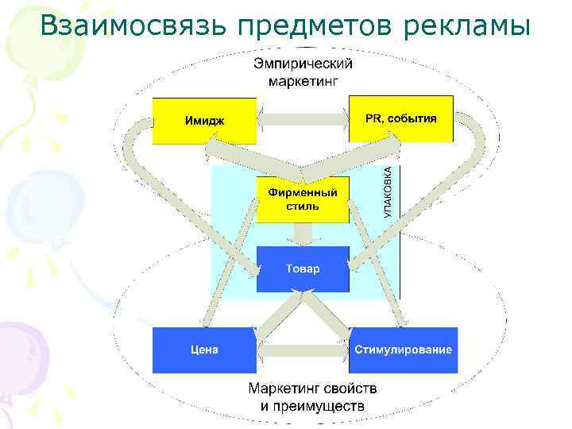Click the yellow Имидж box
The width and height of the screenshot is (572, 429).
tap(204, 120)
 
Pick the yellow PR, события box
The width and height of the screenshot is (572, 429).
tap(401, 119)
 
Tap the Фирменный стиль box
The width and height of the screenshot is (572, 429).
tap(303, 199)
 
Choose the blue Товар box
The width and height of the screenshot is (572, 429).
tap(303, 269)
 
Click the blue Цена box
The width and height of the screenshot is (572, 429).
tap(204, 350)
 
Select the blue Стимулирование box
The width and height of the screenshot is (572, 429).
tap(404, 350)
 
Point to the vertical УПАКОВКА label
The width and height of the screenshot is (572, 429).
tap(388, 191)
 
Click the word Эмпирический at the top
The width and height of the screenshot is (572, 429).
tap(303, 64)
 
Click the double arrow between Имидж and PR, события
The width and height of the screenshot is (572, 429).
tap(303, 121)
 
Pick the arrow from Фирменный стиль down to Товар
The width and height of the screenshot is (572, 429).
tap(303, 234)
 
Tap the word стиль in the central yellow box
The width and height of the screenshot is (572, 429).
tap(303, 207)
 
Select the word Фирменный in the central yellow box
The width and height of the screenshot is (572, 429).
tap(303, 193)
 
